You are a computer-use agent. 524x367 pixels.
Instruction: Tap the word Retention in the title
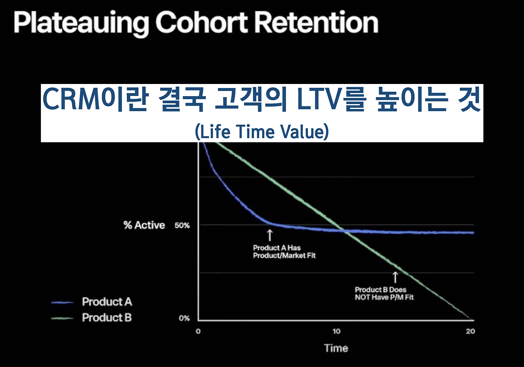click(x=316, y=22)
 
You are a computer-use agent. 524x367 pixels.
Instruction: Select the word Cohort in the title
click(x=202, y=22)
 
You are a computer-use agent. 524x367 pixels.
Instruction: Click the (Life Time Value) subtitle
click(x=262, y=131)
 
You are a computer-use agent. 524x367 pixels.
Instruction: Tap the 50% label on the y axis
click(x=182, y=225)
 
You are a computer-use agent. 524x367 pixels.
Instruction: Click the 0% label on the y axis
click(x=184, y=318)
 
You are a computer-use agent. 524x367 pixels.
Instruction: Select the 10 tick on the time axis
click(x=336, y=331)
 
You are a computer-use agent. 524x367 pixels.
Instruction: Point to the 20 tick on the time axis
click(x=470, y=331)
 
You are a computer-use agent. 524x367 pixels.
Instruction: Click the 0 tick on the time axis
click(x=198, y=331)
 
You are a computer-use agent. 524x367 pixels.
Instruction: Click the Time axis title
click(x=336, y=348)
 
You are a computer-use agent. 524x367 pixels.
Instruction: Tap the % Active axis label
click(x=145, y=225)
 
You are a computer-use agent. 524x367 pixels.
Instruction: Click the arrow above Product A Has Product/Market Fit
click(x=270, y=235)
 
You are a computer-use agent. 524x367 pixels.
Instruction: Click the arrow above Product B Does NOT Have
click(x=395, y=277)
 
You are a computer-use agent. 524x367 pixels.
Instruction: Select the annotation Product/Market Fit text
click(x=284, y=255)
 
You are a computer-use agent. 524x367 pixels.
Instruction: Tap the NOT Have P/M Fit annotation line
click(x=384, y=297)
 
